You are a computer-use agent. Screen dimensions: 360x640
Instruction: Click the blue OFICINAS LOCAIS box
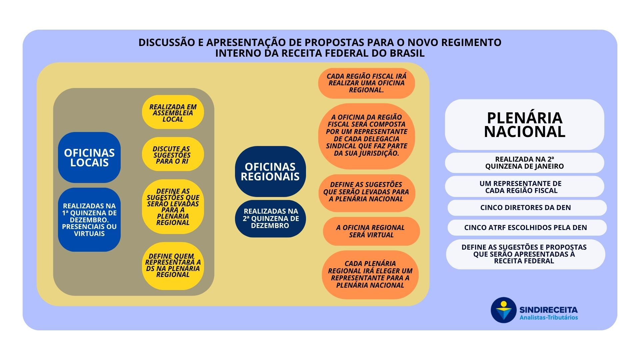tap(89, 157)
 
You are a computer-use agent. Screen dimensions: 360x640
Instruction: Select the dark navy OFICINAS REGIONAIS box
tap(270, 171)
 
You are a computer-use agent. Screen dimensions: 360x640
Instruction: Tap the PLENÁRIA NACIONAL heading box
tap(524, 124)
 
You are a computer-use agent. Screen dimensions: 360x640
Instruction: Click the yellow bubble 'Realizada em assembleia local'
tap(173, 112)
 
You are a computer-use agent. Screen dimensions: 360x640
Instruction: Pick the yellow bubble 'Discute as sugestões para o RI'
tap(173, 154)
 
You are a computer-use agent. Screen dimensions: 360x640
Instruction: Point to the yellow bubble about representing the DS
tap(173, 266)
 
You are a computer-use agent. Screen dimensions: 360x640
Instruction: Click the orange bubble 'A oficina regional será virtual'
tap(371, 231)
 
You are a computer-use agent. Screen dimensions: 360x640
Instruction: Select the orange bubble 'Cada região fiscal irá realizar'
tap(366, 83)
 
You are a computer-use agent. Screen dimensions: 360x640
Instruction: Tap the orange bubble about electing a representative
tap(370, 274)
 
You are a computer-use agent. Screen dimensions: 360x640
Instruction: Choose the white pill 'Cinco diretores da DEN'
tap(527, 208)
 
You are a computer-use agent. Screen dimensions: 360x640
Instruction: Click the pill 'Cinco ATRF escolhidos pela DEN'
tap(527, 228)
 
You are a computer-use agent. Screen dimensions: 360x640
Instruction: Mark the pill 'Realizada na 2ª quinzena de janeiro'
tap(524, 163)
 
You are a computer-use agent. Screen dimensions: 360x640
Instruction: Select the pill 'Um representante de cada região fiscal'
tap(524, 187)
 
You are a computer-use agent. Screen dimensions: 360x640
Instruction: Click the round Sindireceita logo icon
tap(503, 310)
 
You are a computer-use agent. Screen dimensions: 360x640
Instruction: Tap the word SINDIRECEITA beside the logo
tap(548, 310)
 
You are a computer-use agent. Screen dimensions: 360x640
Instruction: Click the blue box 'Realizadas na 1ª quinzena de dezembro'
tap(89, 219)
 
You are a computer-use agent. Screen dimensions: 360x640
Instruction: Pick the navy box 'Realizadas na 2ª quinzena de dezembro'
tap(270, 218)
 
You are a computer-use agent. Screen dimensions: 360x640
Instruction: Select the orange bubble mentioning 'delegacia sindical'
tap(366, 136)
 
